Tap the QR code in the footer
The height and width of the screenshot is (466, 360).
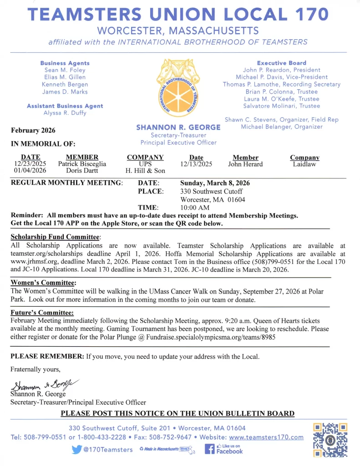tap(330, 440)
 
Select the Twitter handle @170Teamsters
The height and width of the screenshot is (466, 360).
tap(102, 450)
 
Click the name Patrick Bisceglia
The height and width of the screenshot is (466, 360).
tap(82, 164)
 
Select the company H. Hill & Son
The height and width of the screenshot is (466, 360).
tap(145, 171)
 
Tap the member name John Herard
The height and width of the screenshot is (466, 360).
tap(245, 164)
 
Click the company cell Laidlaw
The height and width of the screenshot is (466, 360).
tap(304, 164)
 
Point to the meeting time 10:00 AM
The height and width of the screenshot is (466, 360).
tap(195, 208)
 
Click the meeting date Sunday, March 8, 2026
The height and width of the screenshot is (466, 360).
tap(215, 183)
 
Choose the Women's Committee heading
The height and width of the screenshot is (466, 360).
tap(43, 283)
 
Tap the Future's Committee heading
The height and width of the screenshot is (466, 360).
tap(42, 313)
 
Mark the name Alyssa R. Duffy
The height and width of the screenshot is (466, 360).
tap(65, 113)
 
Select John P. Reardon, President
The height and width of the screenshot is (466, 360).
tap(281, 70)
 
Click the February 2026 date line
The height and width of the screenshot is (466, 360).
tap(33, 131)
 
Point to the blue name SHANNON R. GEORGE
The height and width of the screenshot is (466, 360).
tap(178, 128)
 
